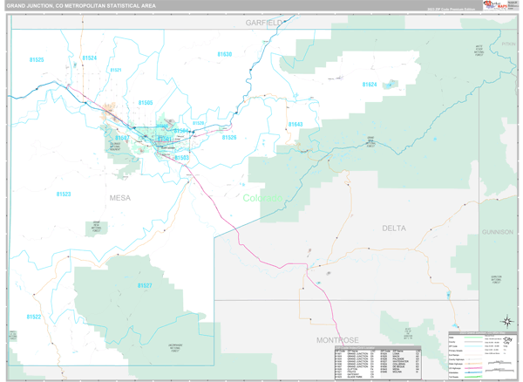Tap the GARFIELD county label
pos(264,21)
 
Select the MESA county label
pos(120,198)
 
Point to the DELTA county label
pos(393,228)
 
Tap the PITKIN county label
pos(508,41)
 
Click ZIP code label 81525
pos(37,59)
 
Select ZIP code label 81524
pos(90,58)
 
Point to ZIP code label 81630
pos(224,54)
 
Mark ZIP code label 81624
pos(369,85)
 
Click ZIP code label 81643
pos(295,125)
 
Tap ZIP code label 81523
pos(64,194)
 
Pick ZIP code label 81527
pos(144,285)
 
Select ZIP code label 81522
pos(33,317)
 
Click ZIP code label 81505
pos(146,103)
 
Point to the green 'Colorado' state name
pos(262,198)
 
